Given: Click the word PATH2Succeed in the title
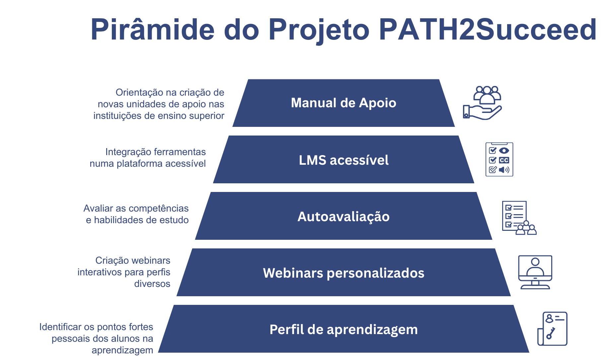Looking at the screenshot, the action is (x=488, y=30).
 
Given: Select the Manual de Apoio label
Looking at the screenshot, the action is (x=343, y=103).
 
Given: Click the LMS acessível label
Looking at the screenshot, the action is (x=343, y=160).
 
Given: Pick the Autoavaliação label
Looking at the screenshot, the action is (x=343, y=217).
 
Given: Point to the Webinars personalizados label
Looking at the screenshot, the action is (x=343, y=273).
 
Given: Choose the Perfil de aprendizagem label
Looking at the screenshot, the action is (x=343, y=330).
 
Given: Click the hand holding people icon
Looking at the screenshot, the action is (x=482, y=103).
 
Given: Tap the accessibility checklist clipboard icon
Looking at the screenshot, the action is (x=499, y=159).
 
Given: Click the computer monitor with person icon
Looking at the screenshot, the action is (x=535, y=272).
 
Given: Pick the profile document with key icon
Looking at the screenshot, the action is (x=552, y=329).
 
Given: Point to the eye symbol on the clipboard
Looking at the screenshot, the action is (x=504, y=150).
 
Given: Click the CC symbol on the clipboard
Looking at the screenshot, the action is (x=504, y=160).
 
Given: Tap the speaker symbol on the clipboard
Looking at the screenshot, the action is (x=504, y=170).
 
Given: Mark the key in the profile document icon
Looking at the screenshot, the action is (x=551, y=333).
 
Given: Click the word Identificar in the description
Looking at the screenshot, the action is (x=60, y=327).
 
